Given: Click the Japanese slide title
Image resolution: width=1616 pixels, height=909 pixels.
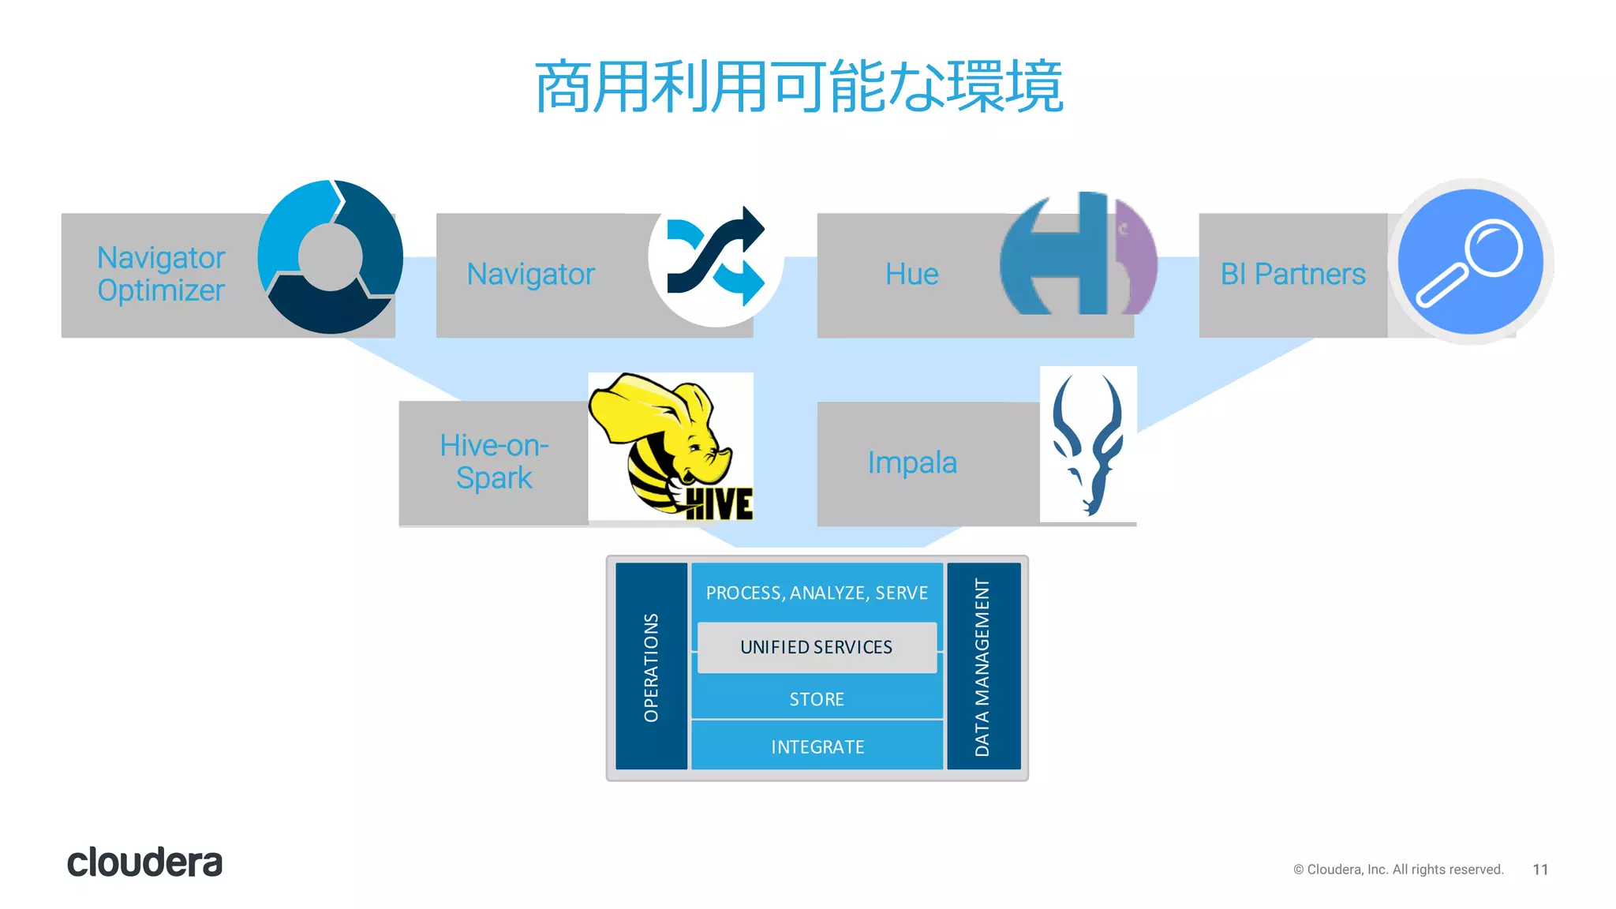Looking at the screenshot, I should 799,87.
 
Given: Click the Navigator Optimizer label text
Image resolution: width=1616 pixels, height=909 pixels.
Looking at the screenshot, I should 161,274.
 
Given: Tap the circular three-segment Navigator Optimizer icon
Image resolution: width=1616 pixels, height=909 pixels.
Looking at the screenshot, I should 331,256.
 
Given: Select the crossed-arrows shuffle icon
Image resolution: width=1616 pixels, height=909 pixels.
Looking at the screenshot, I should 715,256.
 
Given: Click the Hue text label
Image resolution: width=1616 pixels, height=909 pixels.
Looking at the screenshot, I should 911,275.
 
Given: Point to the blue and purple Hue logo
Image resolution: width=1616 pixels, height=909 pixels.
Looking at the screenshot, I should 1078,254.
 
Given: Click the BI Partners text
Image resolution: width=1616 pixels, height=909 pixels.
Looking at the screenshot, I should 1292,275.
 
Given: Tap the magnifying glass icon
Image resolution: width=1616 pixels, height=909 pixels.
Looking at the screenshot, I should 1470,261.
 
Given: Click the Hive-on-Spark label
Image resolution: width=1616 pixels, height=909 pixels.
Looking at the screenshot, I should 494,462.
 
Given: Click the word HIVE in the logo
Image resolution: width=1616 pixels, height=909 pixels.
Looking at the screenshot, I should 720,504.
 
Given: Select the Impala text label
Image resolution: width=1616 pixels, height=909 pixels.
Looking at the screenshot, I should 912,463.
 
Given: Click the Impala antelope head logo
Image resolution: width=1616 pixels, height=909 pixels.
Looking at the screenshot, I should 1087,444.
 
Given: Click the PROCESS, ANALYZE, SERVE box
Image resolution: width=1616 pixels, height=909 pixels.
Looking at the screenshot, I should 817,593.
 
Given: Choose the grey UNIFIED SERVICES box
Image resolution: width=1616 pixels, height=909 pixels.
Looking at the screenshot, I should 817,648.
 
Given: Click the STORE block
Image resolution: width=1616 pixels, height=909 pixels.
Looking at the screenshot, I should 817,700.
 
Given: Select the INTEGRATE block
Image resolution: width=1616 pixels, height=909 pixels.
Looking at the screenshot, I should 817,746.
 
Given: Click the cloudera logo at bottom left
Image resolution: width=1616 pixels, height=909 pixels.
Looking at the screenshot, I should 145,862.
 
